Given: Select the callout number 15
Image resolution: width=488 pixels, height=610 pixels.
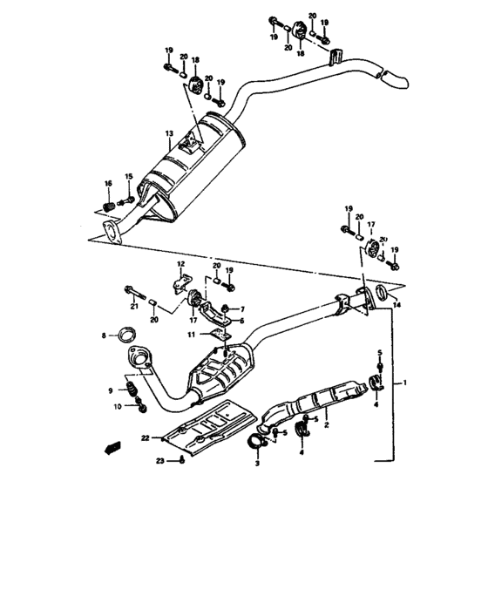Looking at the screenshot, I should [128, 178].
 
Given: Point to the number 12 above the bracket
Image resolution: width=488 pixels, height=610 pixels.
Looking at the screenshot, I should [182, 263].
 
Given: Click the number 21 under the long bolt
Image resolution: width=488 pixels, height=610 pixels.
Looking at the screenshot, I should [135, 305].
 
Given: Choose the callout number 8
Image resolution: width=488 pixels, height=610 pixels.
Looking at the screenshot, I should [105, 335].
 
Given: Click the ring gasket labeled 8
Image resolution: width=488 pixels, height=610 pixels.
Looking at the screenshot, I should [126, 334].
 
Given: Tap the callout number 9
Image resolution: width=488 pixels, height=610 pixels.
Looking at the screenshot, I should [111, 389].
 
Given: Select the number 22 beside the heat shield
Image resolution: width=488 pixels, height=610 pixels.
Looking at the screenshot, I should [146, 438].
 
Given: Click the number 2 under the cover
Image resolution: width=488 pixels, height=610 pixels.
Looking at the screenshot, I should [325, 427].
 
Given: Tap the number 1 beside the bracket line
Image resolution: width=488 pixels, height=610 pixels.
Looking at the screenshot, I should [403, 383].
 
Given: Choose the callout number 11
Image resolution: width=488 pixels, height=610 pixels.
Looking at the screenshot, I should [193, 335].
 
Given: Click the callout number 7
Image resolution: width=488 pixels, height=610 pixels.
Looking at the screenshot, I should [244, 308].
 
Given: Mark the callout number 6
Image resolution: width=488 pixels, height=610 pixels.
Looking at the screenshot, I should [244, 321].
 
